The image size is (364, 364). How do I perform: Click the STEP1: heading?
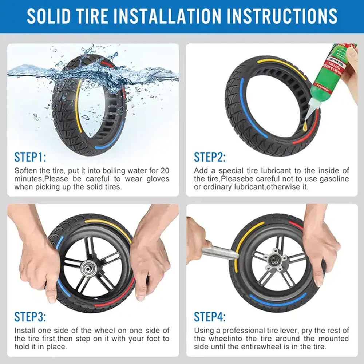coord(30,157)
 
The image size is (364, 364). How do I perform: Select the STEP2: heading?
coord(210,157)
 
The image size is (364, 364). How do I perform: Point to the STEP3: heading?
coord(30,317)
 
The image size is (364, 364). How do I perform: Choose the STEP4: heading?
coord(210,317)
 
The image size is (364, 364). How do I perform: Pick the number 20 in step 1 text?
coord(165,171)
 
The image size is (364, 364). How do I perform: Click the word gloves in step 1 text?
coord(158,179)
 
